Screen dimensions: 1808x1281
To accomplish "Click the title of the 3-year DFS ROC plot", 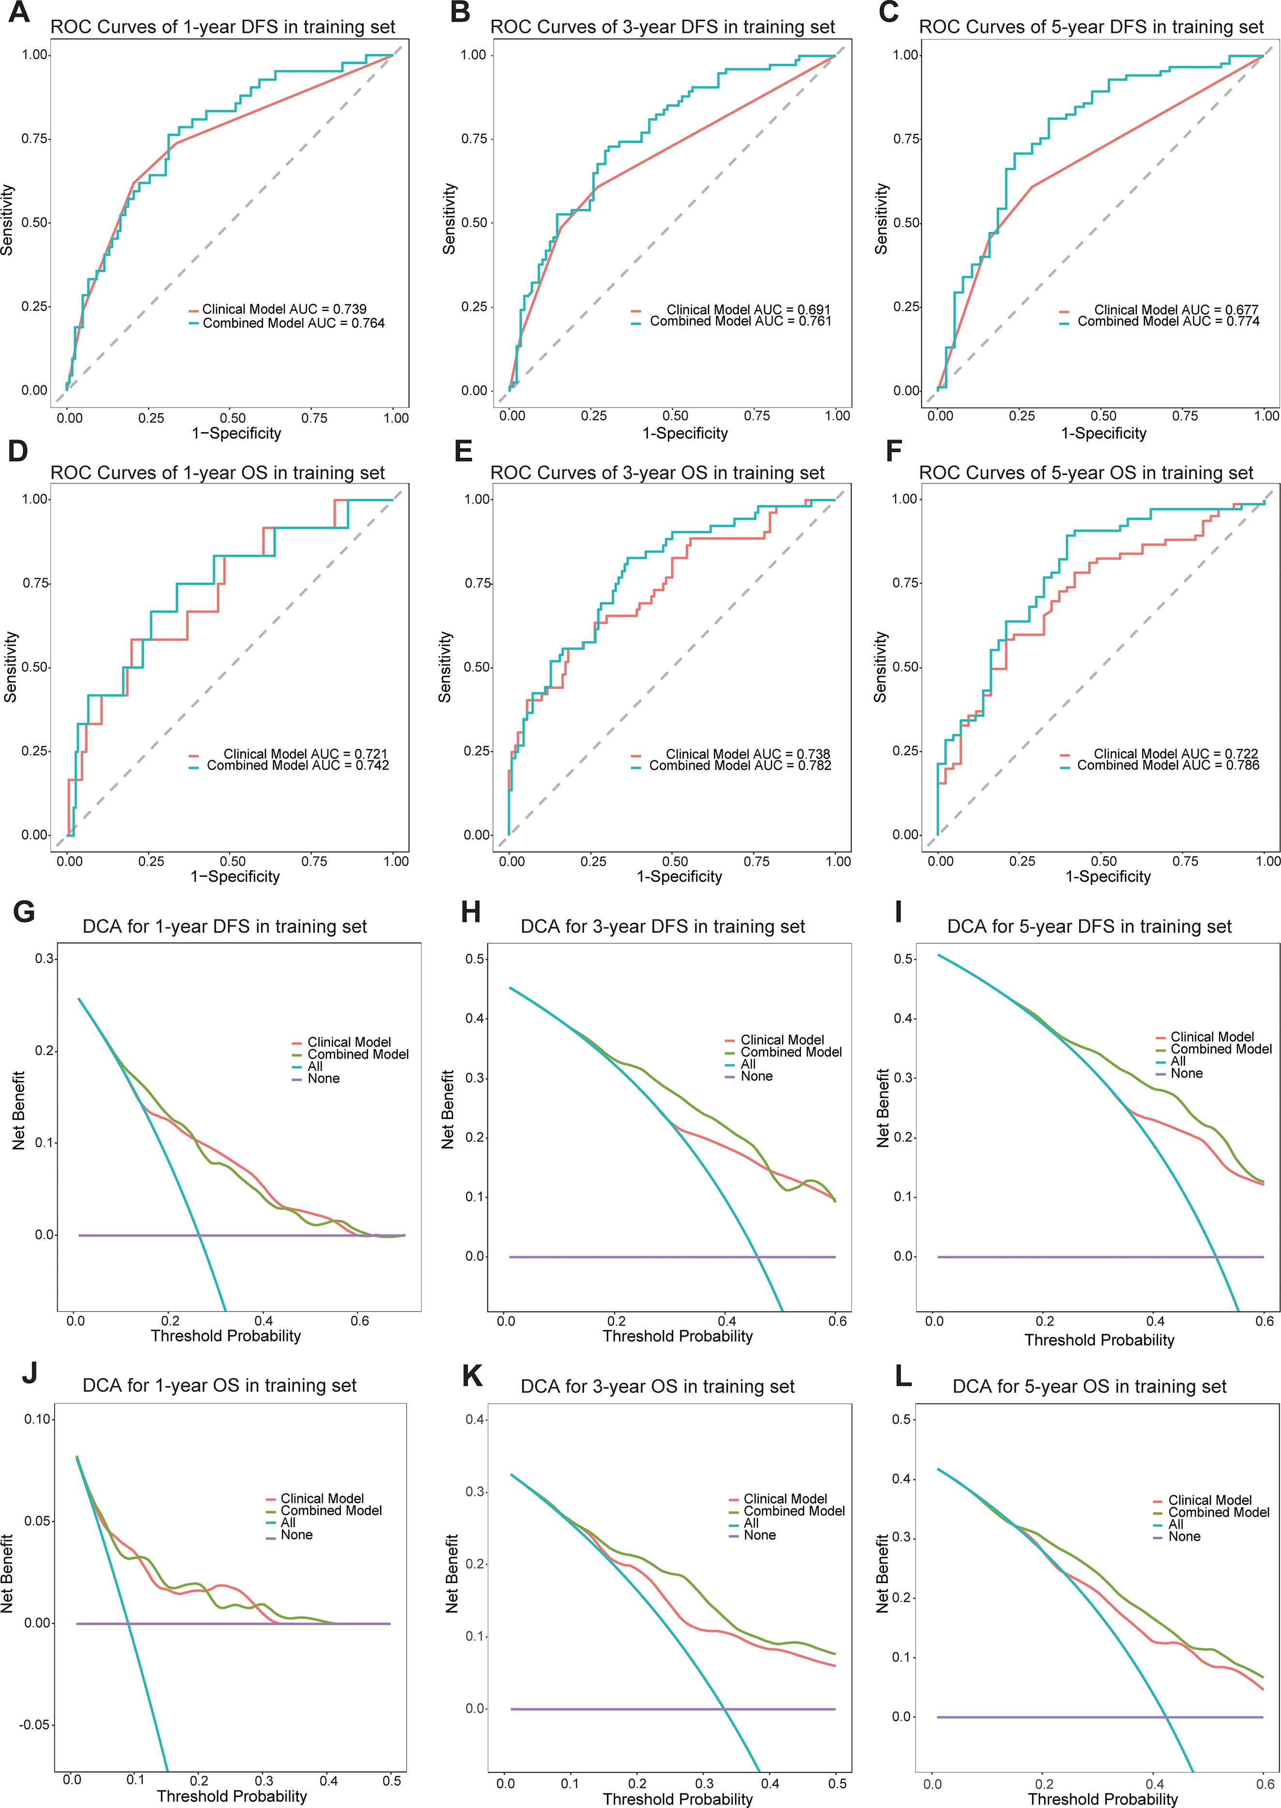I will click(x=662, y=27).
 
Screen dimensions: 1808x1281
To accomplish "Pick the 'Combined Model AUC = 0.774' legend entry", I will click(x=1168, y=321).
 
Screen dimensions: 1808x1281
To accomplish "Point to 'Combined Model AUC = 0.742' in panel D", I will click(x=297, y=765).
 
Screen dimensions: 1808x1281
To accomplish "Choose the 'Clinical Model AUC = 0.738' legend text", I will click(x=747, y=754).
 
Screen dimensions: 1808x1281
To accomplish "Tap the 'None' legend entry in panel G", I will click(x=324, y=1079).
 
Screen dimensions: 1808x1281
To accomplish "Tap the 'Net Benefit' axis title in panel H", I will click(x=448, y=1108).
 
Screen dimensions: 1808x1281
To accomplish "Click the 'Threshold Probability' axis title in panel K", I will click(x=677, y=1798).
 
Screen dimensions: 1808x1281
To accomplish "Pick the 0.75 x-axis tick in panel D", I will click(x=314, y=861).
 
